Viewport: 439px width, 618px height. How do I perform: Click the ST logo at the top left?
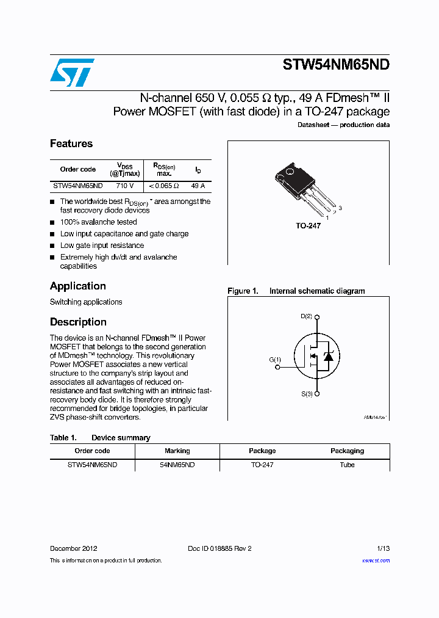tap(72, 73)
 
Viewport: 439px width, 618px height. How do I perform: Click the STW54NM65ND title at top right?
tap(336, 66)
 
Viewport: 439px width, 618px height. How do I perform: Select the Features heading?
tap(71, 144)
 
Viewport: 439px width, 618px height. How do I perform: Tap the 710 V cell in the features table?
tap(124, 186)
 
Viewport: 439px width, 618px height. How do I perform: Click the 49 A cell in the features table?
tap(198, 186)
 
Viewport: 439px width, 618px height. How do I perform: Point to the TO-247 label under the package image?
tap(308, 226)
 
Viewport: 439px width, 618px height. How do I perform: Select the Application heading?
tap(77, 286)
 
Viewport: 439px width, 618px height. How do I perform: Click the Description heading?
tap(78, 322)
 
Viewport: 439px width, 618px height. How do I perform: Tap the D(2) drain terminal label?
tap(306, 316)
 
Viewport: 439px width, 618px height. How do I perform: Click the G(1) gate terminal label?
tap(275, 360)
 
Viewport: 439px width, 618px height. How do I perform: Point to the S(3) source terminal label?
tap(306, 394)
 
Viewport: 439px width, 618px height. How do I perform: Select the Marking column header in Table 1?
tap(177, 451)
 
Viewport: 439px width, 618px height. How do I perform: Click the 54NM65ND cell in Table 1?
tap(177, 465)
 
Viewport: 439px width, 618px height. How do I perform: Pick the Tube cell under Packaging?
tap(347, 465)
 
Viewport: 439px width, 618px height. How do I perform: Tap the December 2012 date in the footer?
tap(73, 548)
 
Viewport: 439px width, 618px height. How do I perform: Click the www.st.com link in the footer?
tap(376, 561)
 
